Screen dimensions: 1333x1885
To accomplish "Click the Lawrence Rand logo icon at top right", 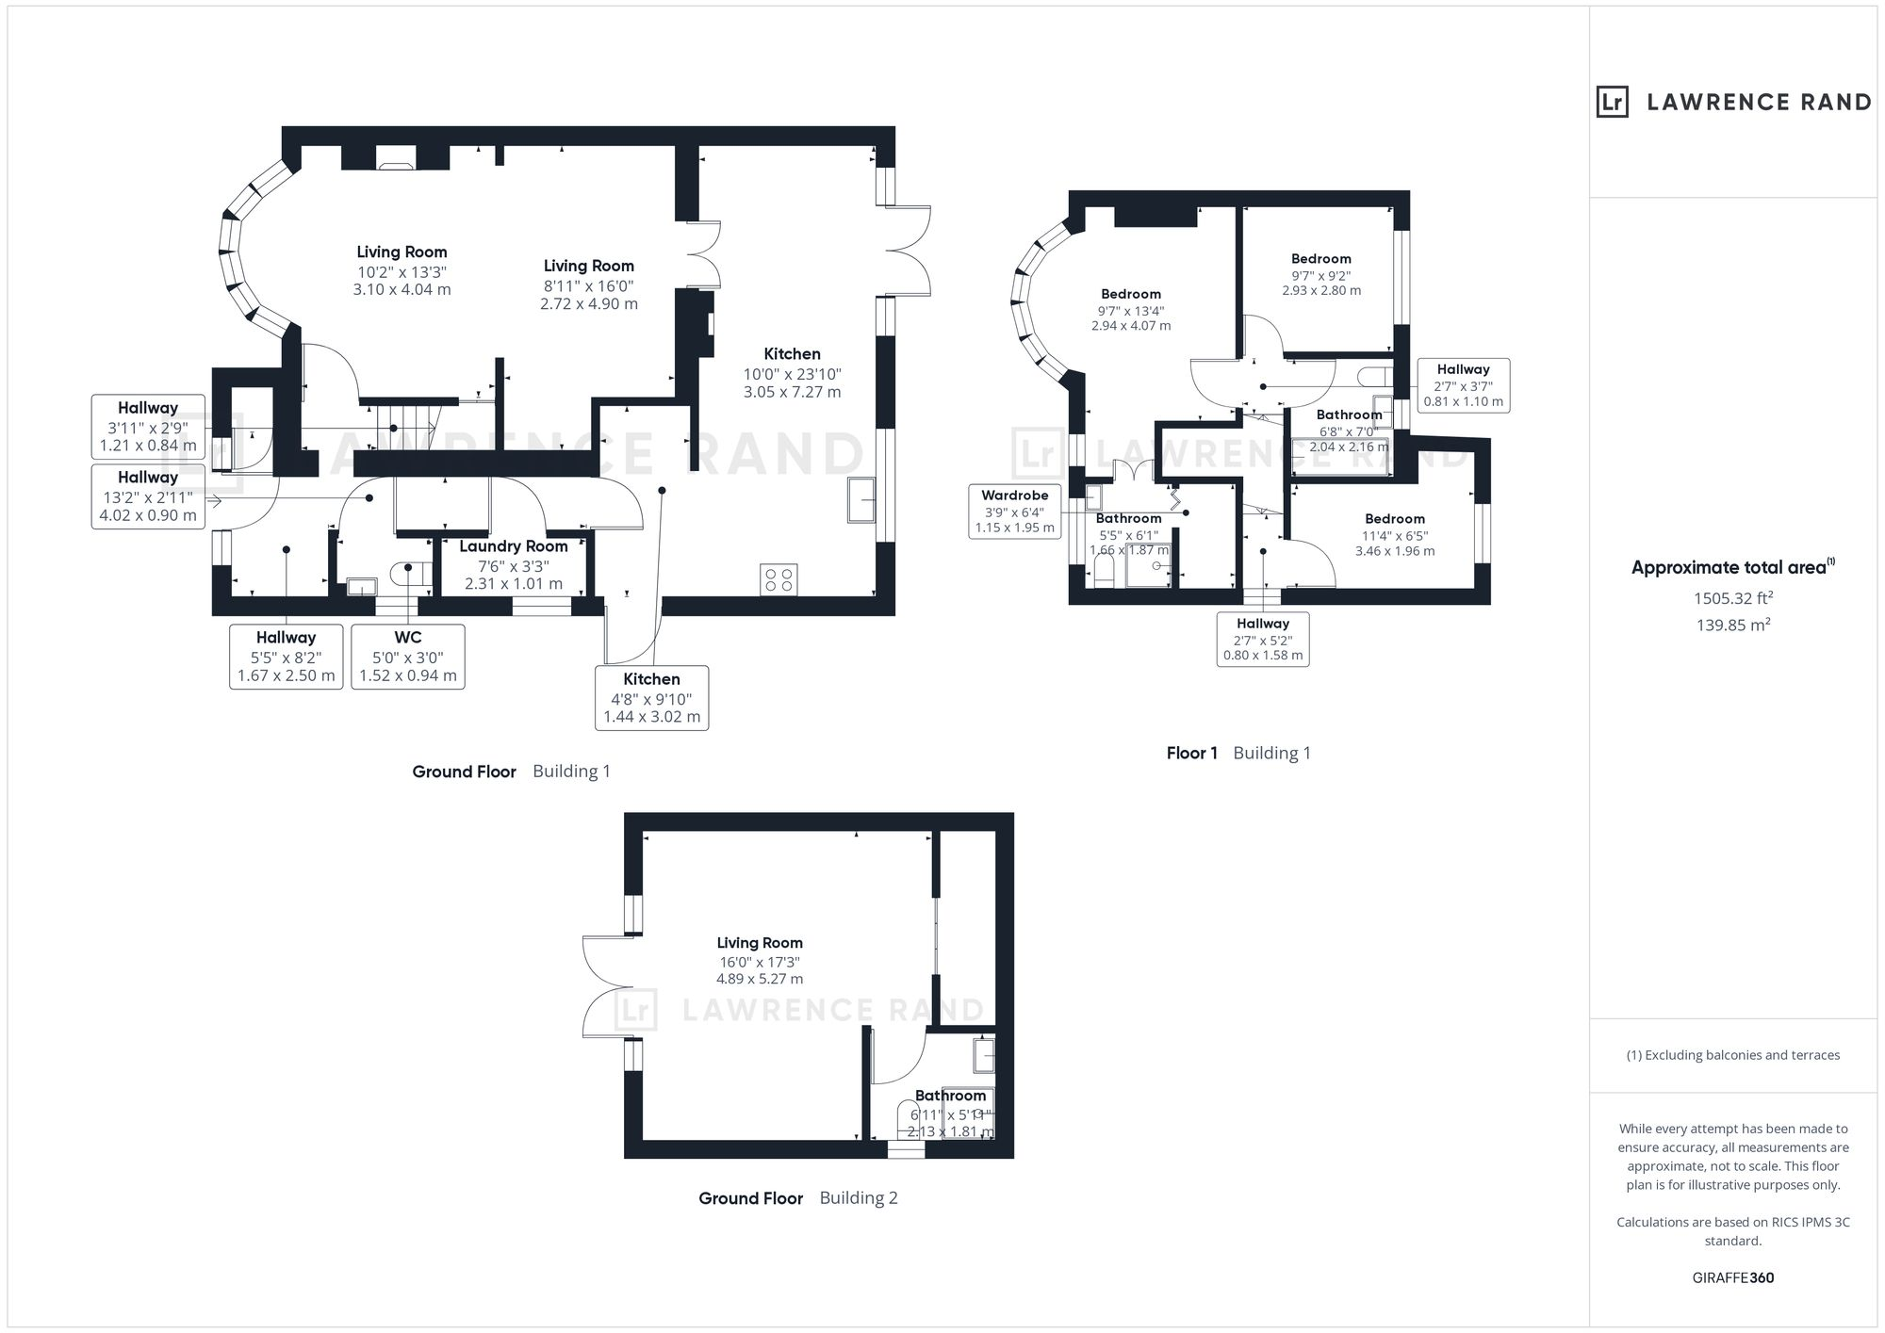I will pyautogui.click(x=1613, y=102).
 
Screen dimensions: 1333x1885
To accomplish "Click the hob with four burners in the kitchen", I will pyautogui.click(x=779, y=579).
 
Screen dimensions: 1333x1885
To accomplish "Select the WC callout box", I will pyautogui.click(x=408, y=657).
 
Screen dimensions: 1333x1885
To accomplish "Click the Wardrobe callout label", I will pyautogui.click(x=1014, y=512).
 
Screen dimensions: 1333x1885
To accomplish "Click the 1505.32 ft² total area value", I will pyautogui.click(x=1733, y=598).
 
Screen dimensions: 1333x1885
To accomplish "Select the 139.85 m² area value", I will pyautogui.click(x=1733, y=625).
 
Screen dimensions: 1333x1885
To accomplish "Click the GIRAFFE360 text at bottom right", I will pyautogui.click(x=1733, y=1278).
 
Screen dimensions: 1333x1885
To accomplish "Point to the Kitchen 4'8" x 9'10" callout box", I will pyautogui.click(x=651, y=698).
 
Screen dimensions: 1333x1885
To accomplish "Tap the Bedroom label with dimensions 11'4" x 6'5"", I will pyautogui.click(x=1395, y=534).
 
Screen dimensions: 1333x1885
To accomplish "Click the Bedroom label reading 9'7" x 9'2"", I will pyautogui.click(x=1320, y=274).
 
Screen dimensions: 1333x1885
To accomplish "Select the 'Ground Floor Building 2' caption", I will pyautogui.click(x=797, y=1198).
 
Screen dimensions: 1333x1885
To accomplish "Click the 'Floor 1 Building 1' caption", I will pyautogui.click(x=1238, y=753).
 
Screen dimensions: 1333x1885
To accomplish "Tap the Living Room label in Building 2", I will pyautogui.click(x=760, y=960).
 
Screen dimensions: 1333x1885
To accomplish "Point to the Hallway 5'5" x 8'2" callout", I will pyautogui.click(x=286, y=657).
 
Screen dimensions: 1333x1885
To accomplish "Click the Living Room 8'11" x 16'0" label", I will pyautogui.click(x=588, y=284).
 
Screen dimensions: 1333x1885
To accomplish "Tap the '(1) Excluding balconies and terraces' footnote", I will pyautogui.click(x=1733, y=1055).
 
